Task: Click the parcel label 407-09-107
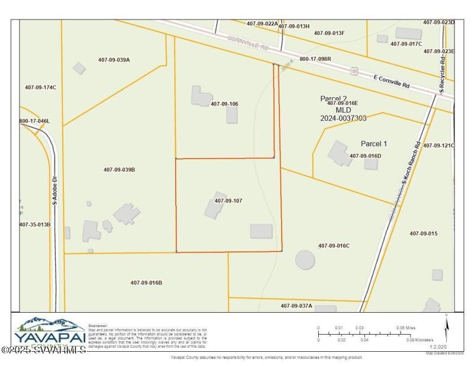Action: [229, 201]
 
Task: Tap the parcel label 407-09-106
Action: [225, 104]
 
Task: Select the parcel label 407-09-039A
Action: [114, 60]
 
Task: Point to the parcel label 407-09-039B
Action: [119, 170]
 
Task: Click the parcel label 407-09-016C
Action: [334, 246]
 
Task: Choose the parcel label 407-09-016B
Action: [146, 282]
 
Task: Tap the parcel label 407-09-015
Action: [423, 233]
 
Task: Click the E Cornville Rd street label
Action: [392, 81]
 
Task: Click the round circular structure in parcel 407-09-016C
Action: [305, 259]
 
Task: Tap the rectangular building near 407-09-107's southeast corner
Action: [261, 231]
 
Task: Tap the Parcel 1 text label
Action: [374, 144]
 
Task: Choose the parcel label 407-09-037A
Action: [296, 306]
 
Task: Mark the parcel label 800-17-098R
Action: [315, 59]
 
